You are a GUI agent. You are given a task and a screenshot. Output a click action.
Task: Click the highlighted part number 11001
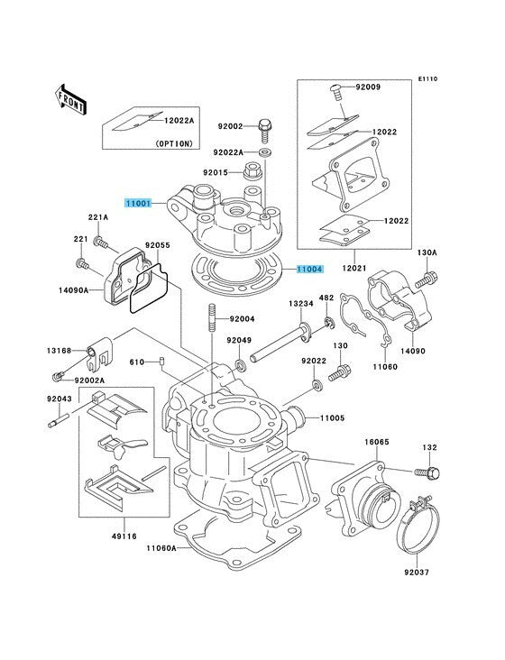coord(139,205)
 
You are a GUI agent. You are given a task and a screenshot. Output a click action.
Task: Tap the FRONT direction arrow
coord(71,96)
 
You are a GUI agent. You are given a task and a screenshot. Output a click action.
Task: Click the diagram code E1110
coord(427,79)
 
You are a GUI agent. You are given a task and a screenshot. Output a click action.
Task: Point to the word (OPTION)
coord(173,143)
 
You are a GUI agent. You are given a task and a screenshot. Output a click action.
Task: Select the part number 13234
coord(302,304)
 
